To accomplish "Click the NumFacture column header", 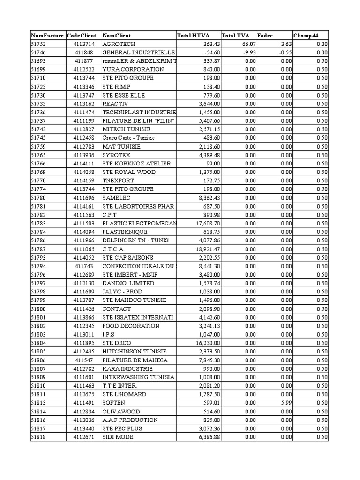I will [47, 36].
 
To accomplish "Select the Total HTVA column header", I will [193, 36].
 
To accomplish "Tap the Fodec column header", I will [265, 36].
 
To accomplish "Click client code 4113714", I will [84, 44].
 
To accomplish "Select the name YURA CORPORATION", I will [133, 70].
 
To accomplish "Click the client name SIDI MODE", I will [118, 437].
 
